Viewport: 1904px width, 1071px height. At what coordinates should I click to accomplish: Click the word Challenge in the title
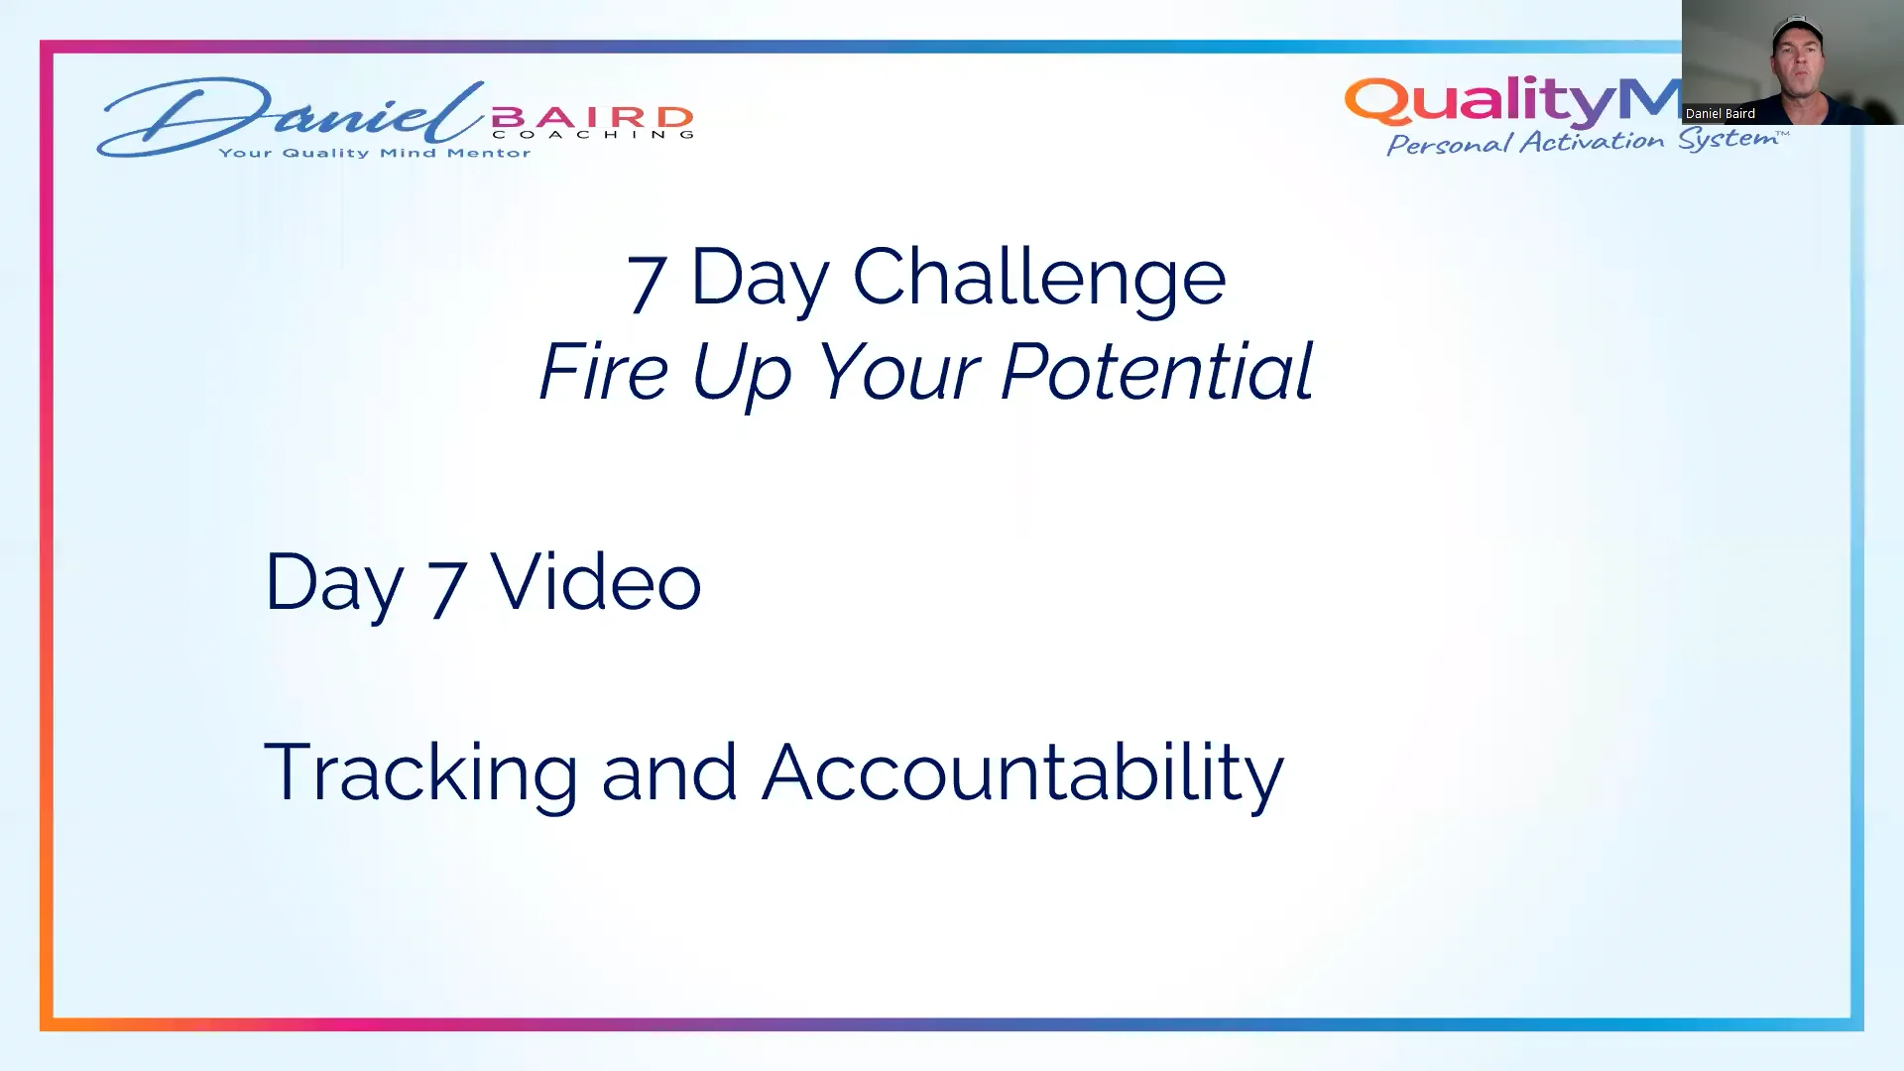pyautogui.click(x=1038, y=277)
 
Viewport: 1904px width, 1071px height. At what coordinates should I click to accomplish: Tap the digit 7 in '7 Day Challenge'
pyautogui.click(x=646, y=283)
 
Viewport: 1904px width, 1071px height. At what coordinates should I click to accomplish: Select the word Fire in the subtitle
pyautogui.click(x=604, y=372)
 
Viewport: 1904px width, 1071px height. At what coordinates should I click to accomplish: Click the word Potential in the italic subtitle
pyautogui.click(x=1156, y=372)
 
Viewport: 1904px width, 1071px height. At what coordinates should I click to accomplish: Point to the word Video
pyautogui.click(x=596, y=582)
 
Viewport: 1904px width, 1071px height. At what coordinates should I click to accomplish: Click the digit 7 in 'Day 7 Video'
pyautogui.click(x=446, y=587)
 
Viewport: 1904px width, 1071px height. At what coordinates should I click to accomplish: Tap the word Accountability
pyautogui.click(x=1022, y=773)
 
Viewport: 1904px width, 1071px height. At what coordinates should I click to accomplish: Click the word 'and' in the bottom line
pyautogui.click(x=669, y=773)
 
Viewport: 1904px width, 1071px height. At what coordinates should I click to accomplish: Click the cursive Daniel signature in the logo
pyautogui.click(x=288, y=117)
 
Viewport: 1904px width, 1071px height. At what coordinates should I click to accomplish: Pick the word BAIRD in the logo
pyautogui.click(x=592, y=118)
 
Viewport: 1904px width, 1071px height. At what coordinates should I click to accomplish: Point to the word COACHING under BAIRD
pyautogui.click(x=592, y=135)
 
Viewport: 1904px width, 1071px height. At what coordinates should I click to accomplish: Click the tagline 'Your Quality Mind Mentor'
pyautogui.click(x=375, y=153)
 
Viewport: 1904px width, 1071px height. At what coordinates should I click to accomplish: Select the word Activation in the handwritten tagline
pyautogui.click(x=1592, y=142)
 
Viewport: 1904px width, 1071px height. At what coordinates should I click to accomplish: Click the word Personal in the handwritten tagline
pyautogui.click(x=1449, y=145)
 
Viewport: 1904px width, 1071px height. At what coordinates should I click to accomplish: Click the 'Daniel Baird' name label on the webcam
pyautogui.click(x=1721, y=114)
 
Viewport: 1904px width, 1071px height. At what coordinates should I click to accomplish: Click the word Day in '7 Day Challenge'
pyautogui.click(x=759, y=279)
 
